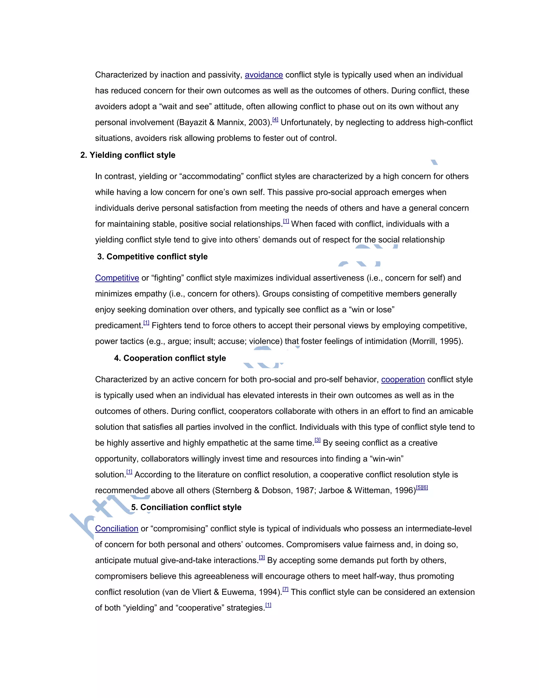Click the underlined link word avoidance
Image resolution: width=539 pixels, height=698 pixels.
[264, 75]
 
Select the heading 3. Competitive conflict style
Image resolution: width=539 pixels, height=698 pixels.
[152, 257]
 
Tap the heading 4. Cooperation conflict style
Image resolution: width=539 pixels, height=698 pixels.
[170, 358]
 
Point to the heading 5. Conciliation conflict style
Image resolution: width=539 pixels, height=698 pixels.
[186, 507]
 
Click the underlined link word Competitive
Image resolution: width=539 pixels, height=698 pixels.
[117, 278]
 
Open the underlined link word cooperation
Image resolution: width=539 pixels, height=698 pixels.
[403, 380]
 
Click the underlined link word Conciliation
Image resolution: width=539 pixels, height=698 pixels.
[117, 529]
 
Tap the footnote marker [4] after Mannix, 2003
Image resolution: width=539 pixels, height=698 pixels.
[275, 120]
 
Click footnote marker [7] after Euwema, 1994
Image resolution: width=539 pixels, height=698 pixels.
[286, 589]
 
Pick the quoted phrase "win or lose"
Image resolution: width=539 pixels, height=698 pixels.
[372, 310]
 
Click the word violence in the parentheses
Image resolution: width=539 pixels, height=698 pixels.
[264, 341]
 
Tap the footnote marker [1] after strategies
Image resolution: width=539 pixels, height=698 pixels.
[268, 605]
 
